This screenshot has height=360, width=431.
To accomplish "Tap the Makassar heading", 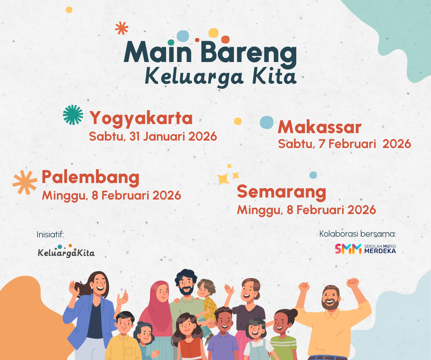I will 319,127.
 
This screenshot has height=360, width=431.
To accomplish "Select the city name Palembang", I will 90,178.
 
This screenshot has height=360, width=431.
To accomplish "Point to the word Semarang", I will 281,192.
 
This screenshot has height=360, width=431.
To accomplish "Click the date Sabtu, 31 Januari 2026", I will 153,137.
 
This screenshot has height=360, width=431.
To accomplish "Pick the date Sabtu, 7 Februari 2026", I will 344,144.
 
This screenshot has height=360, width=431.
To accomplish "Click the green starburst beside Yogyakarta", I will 73,115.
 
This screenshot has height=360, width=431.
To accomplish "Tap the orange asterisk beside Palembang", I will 25,182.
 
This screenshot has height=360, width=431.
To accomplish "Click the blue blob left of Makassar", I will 267,122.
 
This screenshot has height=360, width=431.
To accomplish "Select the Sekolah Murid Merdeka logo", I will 365,249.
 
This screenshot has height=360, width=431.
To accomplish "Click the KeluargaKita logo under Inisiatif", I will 66,251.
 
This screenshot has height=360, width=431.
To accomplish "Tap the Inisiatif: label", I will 50,234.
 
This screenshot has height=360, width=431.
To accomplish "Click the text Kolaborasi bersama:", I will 357,234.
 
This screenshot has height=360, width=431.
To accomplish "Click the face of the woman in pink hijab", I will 162,292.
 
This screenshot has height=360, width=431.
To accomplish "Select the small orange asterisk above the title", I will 122,28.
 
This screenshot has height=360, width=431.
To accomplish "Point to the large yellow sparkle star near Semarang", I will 223,179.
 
